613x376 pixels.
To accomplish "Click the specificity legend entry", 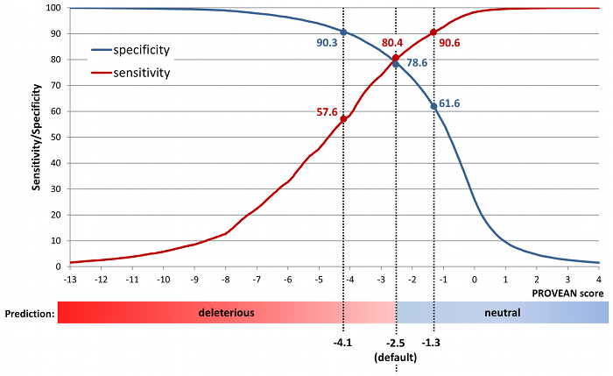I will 141,50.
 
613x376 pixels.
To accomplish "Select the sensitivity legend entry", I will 141,72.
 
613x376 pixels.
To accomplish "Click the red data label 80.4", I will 392,41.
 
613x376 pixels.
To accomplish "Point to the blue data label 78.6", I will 416,62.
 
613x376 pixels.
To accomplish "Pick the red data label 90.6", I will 450,42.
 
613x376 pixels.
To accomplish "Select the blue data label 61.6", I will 449,103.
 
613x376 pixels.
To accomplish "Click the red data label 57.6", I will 328,112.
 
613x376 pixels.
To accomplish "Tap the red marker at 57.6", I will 344,118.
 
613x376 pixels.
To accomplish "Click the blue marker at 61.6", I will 433,107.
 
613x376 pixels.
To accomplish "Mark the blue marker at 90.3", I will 343,32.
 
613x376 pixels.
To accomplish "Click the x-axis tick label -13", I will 69,280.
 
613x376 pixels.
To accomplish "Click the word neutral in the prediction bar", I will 503,312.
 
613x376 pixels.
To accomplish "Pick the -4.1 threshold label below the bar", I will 343,344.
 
